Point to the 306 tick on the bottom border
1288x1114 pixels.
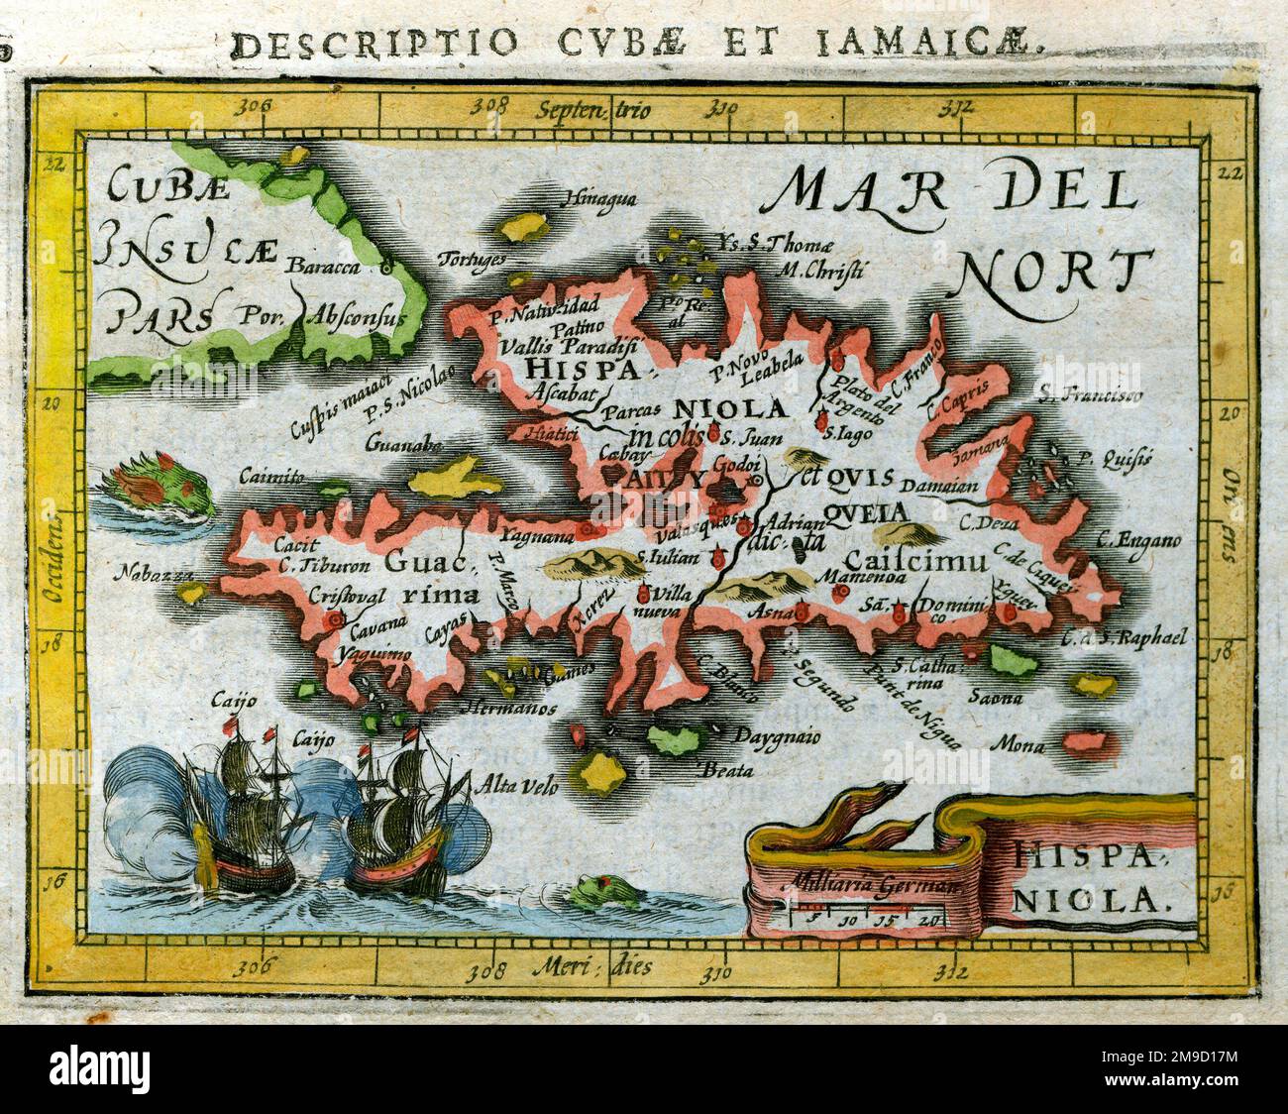pos(261,964)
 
